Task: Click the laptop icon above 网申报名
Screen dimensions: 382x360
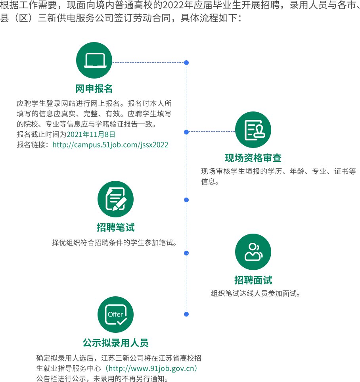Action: pyautogui.click(x=94, y=60)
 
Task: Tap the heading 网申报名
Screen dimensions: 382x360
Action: pyautogui.click(x=94, y=88)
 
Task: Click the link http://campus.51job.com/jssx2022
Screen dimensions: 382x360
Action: pyautogui.click(x=110, y=145)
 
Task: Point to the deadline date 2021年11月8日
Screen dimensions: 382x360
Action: pyautogui.click(x=91, y=134)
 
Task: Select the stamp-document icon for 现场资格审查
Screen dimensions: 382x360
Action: pyautogui.click(x=253, y=130)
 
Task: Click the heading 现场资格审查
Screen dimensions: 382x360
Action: pyautogui.click(x=253, y=158)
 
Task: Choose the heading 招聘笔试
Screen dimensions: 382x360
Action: pyautogui.click(x=115, y=227)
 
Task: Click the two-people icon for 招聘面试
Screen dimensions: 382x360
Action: pyautogui.click(x=253, y=252)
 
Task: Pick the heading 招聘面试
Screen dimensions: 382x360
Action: pyautogui.click(x=253, y=280)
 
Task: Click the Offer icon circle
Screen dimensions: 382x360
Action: pyautogui.click(x=115, y=315)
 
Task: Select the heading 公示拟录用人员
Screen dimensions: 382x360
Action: pyautogui.click(x=115, y=343)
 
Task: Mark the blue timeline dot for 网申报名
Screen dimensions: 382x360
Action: pyautogui.click(x=186, y=63)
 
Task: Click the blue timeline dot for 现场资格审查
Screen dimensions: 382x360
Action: pyautogui.click(x=186, y=132)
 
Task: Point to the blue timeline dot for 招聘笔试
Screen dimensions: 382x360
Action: pyautogui.click(x=186, y=200)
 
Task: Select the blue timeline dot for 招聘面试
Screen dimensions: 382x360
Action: pyautogui.click(x=186, y=253)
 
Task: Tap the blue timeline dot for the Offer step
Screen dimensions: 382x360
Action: pyautogui.click(x=186, y=314)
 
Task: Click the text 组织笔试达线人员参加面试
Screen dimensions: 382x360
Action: pyautogui.click(x=256, y=294)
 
